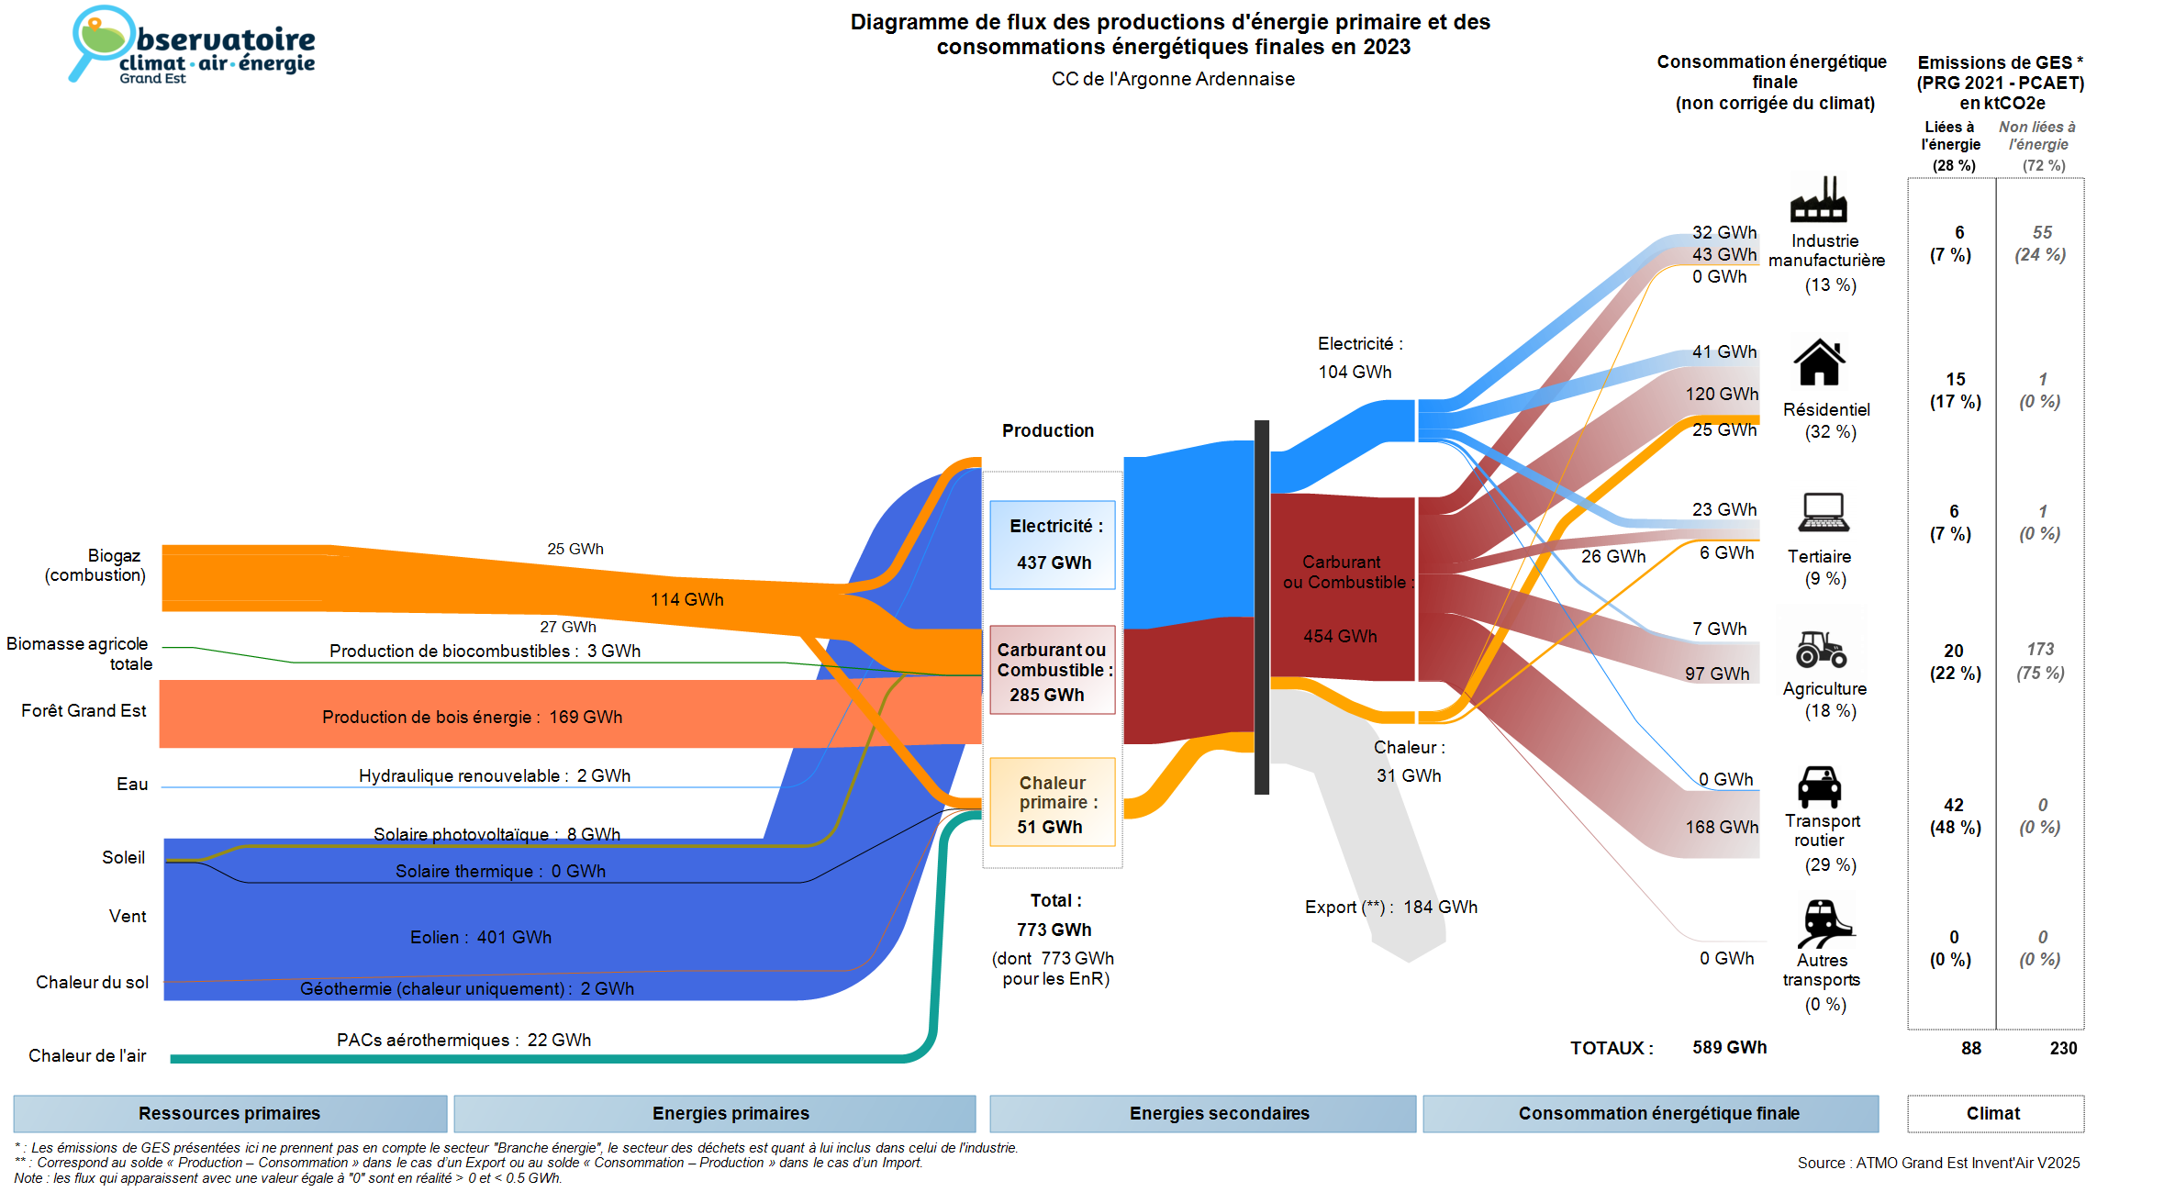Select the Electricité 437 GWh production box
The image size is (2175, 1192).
(1053, 545)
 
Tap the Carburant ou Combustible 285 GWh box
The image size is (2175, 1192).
(1053, 671)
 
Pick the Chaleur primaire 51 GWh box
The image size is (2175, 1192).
(1053, 803)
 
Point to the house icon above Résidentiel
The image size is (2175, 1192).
(1819, 362)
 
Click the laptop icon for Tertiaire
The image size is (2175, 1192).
(1824, 513)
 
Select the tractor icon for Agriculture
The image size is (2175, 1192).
(1821, 649)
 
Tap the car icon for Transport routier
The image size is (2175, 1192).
(1820, 786)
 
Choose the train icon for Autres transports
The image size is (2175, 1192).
(1824, 922)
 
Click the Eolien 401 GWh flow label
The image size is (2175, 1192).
(481, 937)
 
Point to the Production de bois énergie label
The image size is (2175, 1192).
(472, 717)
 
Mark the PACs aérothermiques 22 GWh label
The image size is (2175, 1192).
(463, 1040)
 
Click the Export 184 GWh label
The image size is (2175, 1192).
(1391, 907)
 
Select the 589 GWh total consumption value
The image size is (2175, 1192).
(1729, 1047)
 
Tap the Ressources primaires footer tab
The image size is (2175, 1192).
(229, 1113)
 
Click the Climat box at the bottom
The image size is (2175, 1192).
(1994, 1113)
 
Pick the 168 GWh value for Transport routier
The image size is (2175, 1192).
(1722, 827)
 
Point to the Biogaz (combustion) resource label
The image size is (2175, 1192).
(95, 565)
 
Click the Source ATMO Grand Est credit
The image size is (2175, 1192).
(1938, 1163)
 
